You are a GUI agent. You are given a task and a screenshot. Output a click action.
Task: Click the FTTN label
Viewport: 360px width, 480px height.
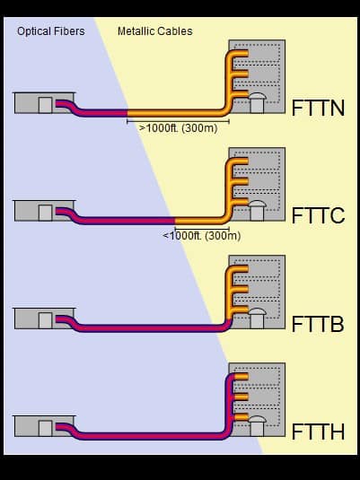coord(318,108)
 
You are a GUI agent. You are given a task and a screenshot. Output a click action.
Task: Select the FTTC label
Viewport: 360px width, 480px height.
coord(318,215)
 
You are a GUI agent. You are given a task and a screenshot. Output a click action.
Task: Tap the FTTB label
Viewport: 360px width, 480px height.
coord(318,324)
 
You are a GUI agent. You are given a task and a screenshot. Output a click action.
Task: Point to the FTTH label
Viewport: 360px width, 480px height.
coord(318,432)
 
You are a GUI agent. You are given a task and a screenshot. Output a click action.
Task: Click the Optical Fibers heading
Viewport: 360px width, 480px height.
coord(51,31)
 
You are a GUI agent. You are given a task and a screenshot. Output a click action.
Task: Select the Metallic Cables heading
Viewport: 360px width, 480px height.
coord(155,31)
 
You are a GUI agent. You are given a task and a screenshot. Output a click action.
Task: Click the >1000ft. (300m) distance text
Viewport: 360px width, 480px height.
coord(179,128)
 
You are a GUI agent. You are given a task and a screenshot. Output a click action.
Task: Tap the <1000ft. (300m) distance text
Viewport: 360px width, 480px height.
coord(202,236)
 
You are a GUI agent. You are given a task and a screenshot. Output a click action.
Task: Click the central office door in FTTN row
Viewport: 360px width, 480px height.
coord(46,105)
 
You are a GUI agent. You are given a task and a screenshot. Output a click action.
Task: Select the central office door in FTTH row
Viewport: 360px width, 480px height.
coord(46,428)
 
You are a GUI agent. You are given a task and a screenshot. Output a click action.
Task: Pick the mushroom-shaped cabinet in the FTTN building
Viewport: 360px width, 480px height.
coord(257,103)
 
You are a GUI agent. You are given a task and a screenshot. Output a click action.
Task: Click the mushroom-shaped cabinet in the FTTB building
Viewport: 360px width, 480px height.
coord(257,319)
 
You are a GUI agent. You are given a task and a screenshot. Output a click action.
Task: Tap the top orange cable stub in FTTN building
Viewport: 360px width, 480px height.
coord(241,54)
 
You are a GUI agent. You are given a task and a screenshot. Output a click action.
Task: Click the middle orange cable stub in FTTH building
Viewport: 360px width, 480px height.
coord(241,397)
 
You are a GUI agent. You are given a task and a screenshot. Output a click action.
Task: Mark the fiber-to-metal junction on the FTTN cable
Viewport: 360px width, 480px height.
coord(127,113)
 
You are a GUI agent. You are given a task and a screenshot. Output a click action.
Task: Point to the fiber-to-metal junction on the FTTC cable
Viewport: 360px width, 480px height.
coord(175,221)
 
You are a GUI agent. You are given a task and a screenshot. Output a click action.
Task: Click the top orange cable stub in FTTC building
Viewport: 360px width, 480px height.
coord(241,161)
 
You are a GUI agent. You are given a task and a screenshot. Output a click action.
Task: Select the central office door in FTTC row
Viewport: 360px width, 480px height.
coord(46,213)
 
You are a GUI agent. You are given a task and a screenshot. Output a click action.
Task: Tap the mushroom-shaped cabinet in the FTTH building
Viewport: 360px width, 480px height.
coord(257,426)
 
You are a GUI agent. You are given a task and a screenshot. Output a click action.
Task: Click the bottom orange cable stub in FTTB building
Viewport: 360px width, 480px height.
coord(241,310)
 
